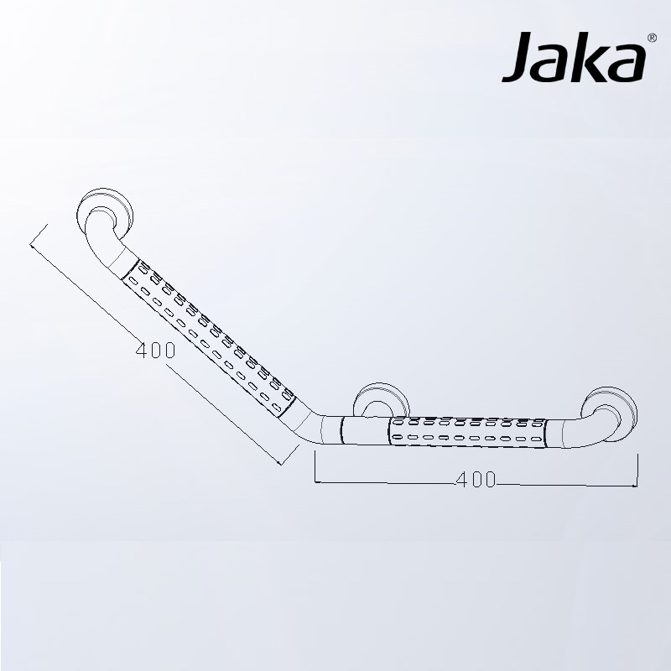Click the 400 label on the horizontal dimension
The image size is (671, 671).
pos(476,480)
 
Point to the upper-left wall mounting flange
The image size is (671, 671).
pos(107,209)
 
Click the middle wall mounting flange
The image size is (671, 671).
pos(379,402)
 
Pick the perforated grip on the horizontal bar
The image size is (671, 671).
pos(466,430)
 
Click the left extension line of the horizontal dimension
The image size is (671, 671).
pos(315,466)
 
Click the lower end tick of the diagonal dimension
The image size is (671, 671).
pos(289,454)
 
